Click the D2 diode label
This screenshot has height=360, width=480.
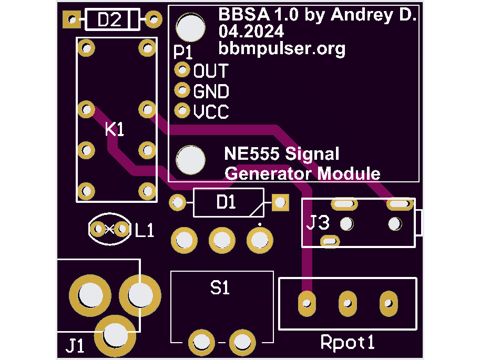[109, 20]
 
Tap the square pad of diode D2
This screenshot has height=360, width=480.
[72, 19]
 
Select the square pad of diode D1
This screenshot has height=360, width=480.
[280, 202]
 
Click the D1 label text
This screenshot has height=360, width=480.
[226, 202]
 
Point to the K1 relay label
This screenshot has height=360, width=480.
[115, 129]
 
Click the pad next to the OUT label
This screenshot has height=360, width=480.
[182, 69]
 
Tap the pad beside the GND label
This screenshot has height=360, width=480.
[182, 90]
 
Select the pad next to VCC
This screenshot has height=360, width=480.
[182, 110]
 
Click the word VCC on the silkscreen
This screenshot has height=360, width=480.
[211, 111]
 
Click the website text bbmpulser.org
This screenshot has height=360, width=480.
[282, 49]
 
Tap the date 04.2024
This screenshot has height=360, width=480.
[251, 31]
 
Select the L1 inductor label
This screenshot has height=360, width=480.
[145, 231]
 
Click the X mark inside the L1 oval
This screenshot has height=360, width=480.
[109, 229]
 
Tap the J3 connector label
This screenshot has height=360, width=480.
[318, 222]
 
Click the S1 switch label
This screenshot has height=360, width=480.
[220, 288]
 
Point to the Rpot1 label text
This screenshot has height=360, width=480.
[348, 342]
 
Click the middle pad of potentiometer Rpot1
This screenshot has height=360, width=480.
[348, 303]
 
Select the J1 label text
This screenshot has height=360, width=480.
[75, 346]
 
